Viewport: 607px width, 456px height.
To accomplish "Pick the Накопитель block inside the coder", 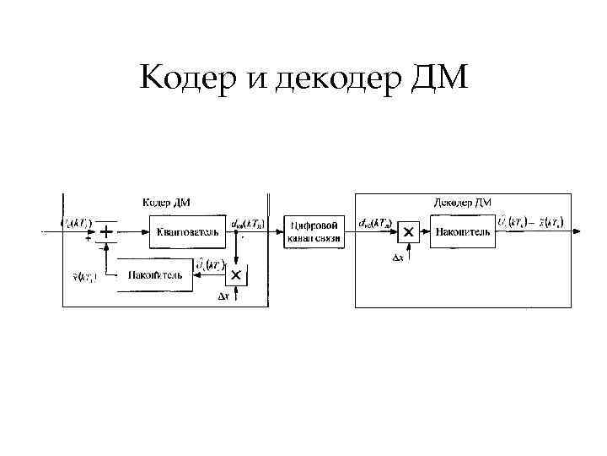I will point(153,275).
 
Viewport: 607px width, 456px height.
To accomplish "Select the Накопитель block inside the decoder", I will point(463,231).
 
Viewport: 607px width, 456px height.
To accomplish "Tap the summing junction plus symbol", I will point(107,231).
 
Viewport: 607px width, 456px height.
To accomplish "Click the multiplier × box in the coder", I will point(236,275).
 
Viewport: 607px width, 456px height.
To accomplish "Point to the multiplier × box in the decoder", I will point(408,231).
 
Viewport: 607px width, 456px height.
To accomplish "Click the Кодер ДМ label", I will point(165,202).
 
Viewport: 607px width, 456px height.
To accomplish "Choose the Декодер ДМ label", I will point(463,202).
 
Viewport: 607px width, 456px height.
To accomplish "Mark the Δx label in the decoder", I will point(398,258).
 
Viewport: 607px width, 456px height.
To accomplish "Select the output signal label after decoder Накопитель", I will point(530,222).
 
